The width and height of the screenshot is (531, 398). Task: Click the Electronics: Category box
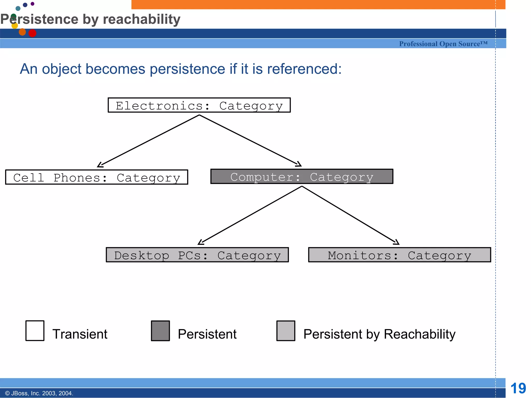pos(199,105)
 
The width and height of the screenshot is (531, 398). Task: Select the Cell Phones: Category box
pos(96,177)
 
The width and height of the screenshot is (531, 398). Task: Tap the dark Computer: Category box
pos(302,176)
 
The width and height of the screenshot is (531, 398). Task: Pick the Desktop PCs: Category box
pos(197,255)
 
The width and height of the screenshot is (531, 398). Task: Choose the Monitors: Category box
pos(400,255)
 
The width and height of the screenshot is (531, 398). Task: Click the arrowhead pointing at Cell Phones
pos(100,165)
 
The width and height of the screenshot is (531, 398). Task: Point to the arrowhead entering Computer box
pos(299,164)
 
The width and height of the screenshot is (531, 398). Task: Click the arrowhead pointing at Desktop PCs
pos(201,243)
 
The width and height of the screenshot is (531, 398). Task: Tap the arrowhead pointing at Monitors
pos(396,243)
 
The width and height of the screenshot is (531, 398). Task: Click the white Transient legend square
pos(35,331)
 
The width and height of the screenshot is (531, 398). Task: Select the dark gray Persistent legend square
pos(160,331)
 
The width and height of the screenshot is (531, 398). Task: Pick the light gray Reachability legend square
pos(286,331)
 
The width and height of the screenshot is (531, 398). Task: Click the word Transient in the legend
pos(80,334)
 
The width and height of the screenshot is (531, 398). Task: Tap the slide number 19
pos(518,388)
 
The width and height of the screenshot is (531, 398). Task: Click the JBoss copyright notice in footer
pos(39,393)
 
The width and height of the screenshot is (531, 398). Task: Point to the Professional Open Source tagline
pos(443,44)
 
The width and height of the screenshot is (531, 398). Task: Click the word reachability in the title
pos(141,19)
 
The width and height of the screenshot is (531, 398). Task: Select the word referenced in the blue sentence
pos(304,69)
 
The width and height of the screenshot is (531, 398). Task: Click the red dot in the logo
pos(32,33)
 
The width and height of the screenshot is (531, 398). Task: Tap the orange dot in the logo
pos(22,32)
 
